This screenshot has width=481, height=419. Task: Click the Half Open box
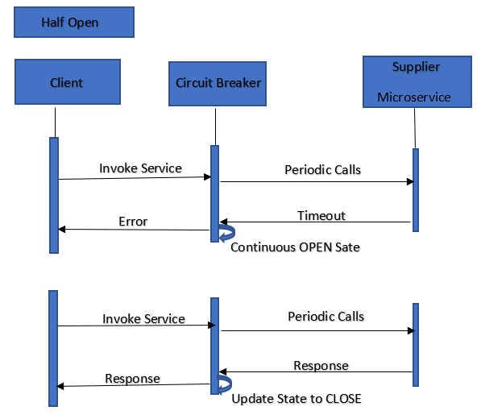tap(73, 23)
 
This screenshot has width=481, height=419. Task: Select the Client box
tap(67, 82)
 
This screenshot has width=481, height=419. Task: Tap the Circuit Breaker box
tap(218, 82)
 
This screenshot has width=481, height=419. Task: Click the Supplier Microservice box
tap(415, 81)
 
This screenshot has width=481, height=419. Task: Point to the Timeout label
tap(321, 215)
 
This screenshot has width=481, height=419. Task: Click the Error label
tap(133, 221)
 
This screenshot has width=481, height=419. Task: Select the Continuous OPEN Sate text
tap(295, 247)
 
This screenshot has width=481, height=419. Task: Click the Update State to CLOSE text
tap(296, 399)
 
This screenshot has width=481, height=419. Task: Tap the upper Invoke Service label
tap(140, 168)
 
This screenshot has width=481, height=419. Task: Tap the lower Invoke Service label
tap(143, 319)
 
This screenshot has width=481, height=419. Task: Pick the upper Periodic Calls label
tap(322, 170)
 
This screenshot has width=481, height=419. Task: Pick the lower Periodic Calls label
tap(326, 317)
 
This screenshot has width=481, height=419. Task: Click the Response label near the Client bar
tap(132, 379)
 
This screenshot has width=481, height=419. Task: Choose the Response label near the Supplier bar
tap(321, 366)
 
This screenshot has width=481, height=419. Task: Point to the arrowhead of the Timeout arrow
tap(224, 222)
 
